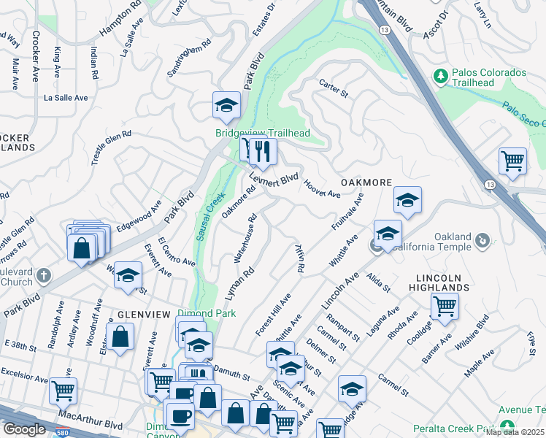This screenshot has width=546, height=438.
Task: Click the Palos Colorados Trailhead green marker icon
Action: [x=440, y=76]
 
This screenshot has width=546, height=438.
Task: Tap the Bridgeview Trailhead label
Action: [x=263, y=133]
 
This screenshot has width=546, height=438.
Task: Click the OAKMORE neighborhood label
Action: [x=366, y=182]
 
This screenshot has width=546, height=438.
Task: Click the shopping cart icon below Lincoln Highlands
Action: [x=444, y=307]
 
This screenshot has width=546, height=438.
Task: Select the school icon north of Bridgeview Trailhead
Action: [x=226, y=106]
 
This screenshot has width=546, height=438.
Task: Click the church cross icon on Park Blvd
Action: [x=43, y=276]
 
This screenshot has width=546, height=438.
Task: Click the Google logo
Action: [x=24, y=429]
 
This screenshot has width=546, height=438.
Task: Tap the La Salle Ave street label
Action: [x=66, y=97]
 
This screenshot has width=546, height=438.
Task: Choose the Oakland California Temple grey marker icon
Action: [x=482, y=240]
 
